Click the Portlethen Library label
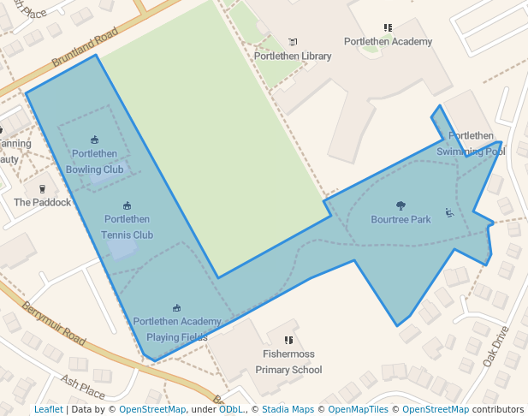tap(293, 56)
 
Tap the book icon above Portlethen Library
tap(293, 42)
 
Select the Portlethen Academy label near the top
tap(388, 41)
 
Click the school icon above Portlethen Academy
tap(388, 27)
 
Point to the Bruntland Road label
tap(85, 49)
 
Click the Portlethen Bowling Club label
tap(94, 161)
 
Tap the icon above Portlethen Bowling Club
tap(94, 140)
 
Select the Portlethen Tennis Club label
tap(127, 227)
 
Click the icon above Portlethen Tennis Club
tap(127, 205)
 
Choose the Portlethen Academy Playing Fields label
tap(177, 329)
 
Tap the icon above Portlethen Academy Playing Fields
tap(177, 308)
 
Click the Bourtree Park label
tap(400, 219)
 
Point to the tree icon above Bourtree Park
tap(400, 205)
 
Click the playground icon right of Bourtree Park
tap(449, 212)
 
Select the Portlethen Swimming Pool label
tap(471, 143)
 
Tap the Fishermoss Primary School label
tap(288, 361)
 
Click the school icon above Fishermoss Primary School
tap(288, 340)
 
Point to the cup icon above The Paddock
tap(42, 188)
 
